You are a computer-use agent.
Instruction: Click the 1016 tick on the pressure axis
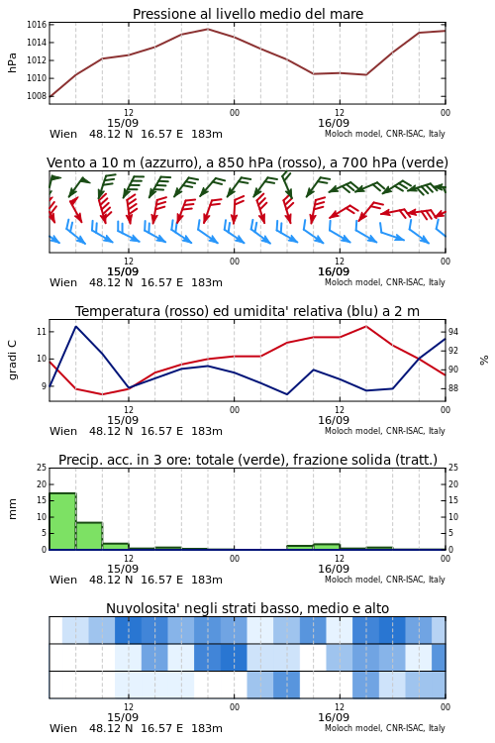coord(36,25)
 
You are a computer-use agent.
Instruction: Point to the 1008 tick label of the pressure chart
coord(36,96)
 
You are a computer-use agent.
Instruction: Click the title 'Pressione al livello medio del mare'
coord(247,14)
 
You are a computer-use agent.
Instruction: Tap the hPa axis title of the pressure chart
coord(12,62)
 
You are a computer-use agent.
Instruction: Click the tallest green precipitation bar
coord(62,521)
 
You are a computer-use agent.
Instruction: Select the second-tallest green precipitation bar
coord(89,536)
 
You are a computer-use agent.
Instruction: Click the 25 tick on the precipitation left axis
coord(42,468)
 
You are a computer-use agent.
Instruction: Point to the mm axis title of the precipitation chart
coord(12,509)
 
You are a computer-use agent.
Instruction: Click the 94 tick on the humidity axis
coord(453,332)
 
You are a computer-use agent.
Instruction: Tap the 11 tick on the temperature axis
coord(42,332)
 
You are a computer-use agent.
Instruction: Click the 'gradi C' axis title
coord(13,360)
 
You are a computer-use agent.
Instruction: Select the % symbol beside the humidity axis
coord(484,361)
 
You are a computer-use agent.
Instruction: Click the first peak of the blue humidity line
coord(76,327)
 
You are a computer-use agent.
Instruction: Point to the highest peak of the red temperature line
coord(365,326)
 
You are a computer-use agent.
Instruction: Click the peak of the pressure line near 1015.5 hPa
coord(208,29)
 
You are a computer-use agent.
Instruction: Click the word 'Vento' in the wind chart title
coord(63,162)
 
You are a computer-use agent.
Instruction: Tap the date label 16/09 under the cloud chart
coord(334,717)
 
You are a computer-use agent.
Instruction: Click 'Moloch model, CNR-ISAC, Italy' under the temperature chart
coord(385,431)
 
